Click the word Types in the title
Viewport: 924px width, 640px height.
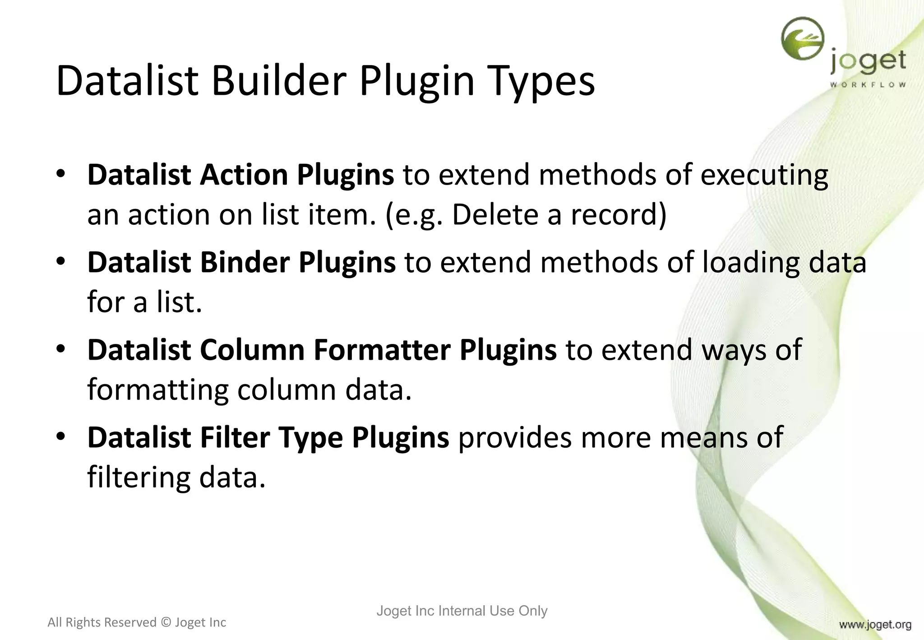[541, 81]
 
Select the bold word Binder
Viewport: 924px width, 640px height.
[245, 262]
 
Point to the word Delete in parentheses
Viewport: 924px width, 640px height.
[494, 215]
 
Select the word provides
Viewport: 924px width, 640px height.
[515, 437]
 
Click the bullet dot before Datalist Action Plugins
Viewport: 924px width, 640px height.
[61, 175]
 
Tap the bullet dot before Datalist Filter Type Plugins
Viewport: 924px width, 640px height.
[61, 437]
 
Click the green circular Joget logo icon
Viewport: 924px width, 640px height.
[802, 39]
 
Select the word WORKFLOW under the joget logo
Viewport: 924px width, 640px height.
[868, 84]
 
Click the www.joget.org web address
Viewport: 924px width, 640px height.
[875, 625]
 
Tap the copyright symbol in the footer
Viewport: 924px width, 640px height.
[166, 622]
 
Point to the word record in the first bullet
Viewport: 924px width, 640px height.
[618, 215]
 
